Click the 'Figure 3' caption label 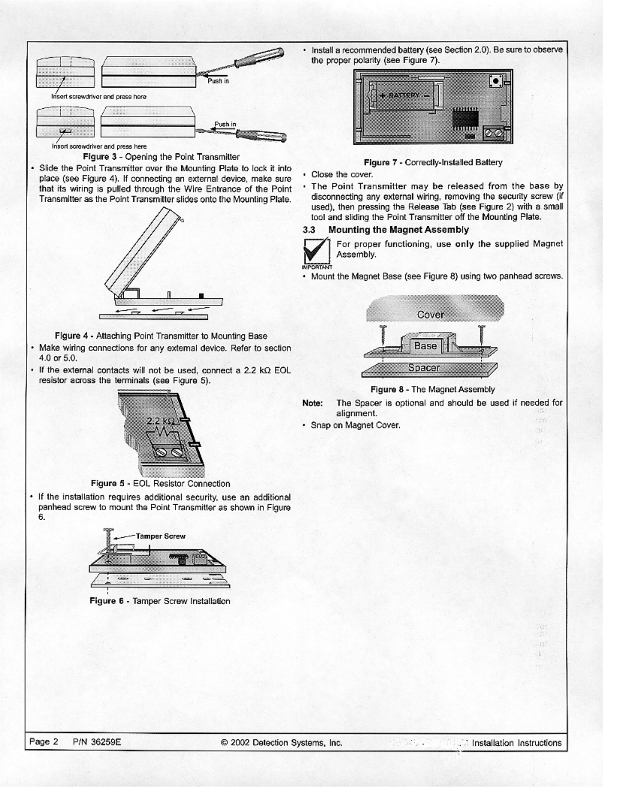100,157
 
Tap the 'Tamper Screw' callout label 160,536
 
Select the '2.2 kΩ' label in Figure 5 160,421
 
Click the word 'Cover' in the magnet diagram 430,314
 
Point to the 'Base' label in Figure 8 425,346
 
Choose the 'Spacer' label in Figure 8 424,367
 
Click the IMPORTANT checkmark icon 316,251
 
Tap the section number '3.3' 309,230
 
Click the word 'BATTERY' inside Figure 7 404,95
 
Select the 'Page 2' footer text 44,742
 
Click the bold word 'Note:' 312,403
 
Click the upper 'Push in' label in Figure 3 218,81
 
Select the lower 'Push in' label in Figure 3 225,124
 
